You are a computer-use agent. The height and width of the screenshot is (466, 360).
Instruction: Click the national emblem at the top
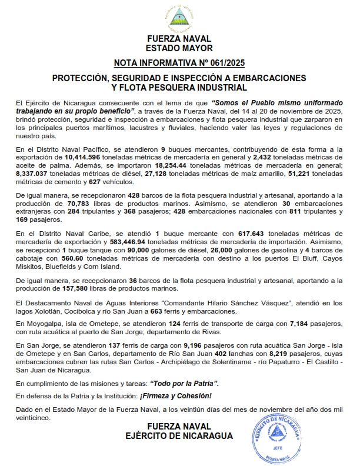pyautogui.click(x=179, y=16)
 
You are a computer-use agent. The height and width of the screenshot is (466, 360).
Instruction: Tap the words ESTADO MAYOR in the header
pyautogui.click(x=179, y=48)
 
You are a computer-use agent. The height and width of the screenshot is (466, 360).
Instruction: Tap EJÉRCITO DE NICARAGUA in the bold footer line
pyautogui.click(x=179, y=436)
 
